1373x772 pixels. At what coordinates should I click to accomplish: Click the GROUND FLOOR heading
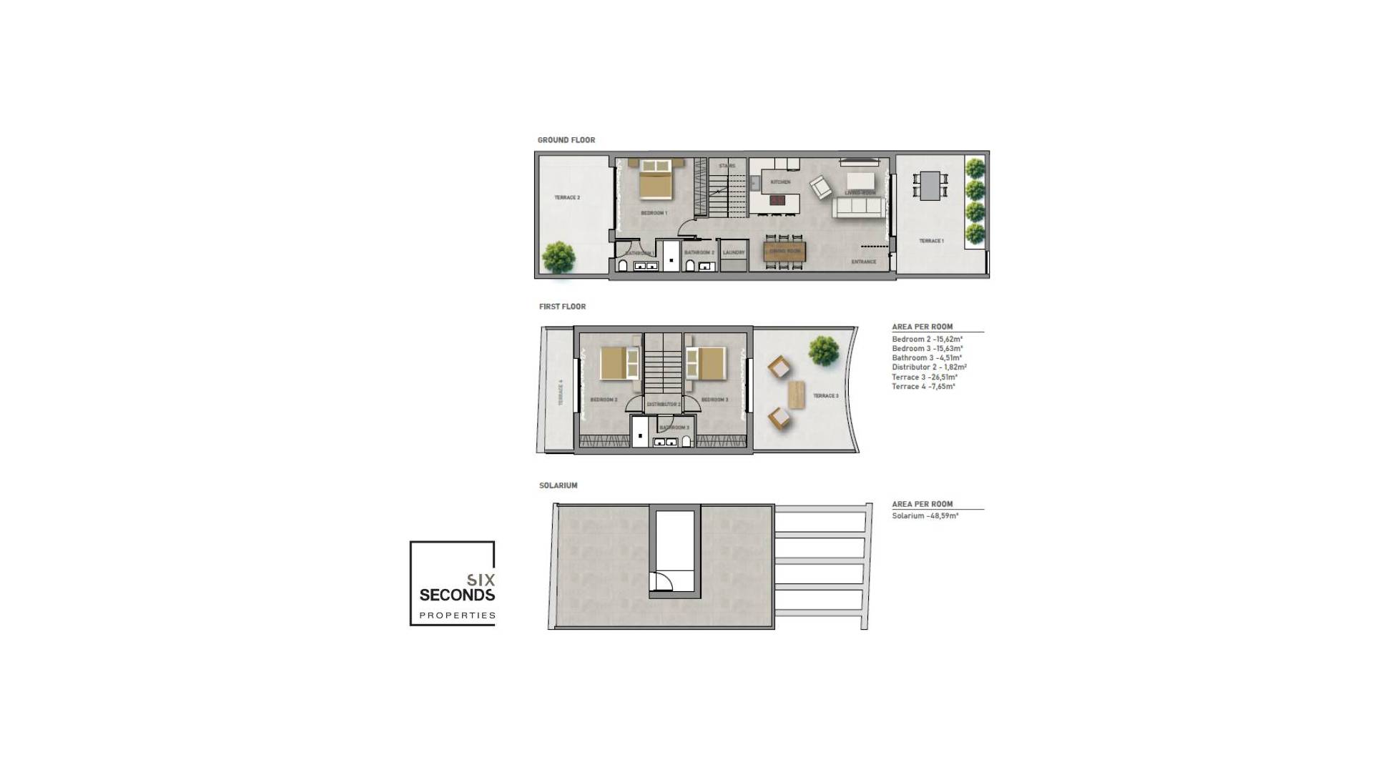566,140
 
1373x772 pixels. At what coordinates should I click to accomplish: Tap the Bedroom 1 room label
654,213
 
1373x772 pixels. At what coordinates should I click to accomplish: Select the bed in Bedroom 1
656,179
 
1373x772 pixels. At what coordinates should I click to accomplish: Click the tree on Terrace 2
558,257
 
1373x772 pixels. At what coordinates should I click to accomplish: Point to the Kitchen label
780,182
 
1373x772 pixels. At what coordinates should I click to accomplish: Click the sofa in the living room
857,207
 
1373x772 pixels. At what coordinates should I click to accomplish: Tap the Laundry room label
734,252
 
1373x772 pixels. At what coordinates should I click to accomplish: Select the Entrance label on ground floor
863,262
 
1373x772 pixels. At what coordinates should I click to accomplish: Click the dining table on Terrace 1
930,186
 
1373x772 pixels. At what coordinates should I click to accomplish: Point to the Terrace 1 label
931,241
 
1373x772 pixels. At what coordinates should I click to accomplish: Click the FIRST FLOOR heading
562,307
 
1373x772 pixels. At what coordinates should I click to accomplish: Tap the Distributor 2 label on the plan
663,405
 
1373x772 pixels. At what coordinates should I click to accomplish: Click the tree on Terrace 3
824,351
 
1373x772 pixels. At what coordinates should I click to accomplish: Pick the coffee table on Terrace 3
796,395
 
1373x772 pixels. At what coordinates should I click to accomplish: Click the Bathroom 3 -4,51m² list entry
926,358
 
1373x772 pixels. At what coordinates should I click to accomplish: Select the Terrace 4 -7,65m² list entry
923,387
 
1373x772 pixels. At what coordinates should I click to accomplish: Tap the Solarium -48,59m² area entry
925,516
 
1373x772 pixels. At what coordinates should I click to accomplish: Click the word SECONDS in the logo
457,595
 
